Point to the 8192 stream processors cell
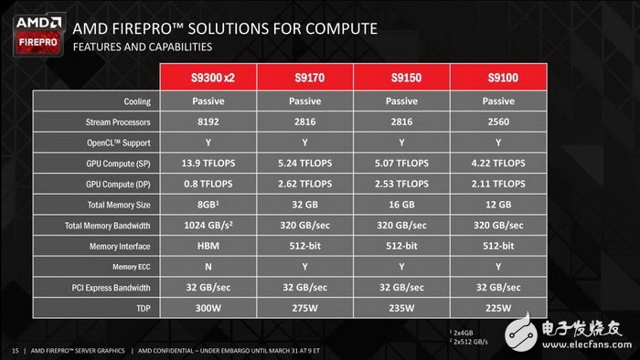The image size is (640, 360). point(209,122)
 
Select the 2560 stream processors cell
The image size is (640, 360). point(498,122)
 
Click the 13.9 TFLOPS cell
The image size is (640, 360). point(209,163)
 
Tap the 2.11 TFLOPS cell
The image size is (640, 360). point(498,184)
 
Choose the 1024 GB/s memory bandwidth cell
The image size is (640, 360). point(209,225)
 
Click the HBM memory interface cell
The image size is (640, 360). point(209,246)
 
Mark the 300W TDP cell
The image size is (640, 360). point(209,308)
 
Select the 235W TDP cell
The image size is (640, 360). point(402,308)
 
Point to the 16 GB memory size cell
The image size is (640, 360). point(402,205)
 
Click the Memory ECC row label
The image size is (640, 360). point(130,267)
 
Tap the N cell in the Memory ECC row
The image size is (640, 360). point(209,267)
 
